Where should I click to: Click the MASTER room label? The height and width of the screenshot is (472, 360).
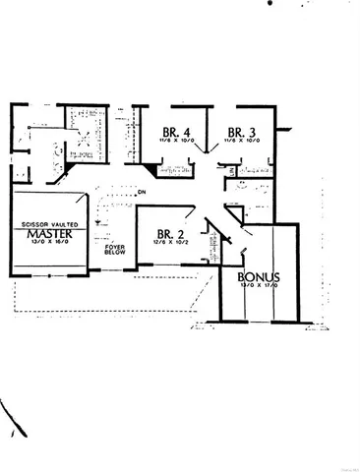tap(45, 235)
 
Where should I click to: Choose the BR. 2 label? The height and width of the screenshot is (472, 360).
tap(170, 234)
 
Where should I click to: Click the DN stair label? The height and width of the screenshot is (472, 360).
tap(142, 191)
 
